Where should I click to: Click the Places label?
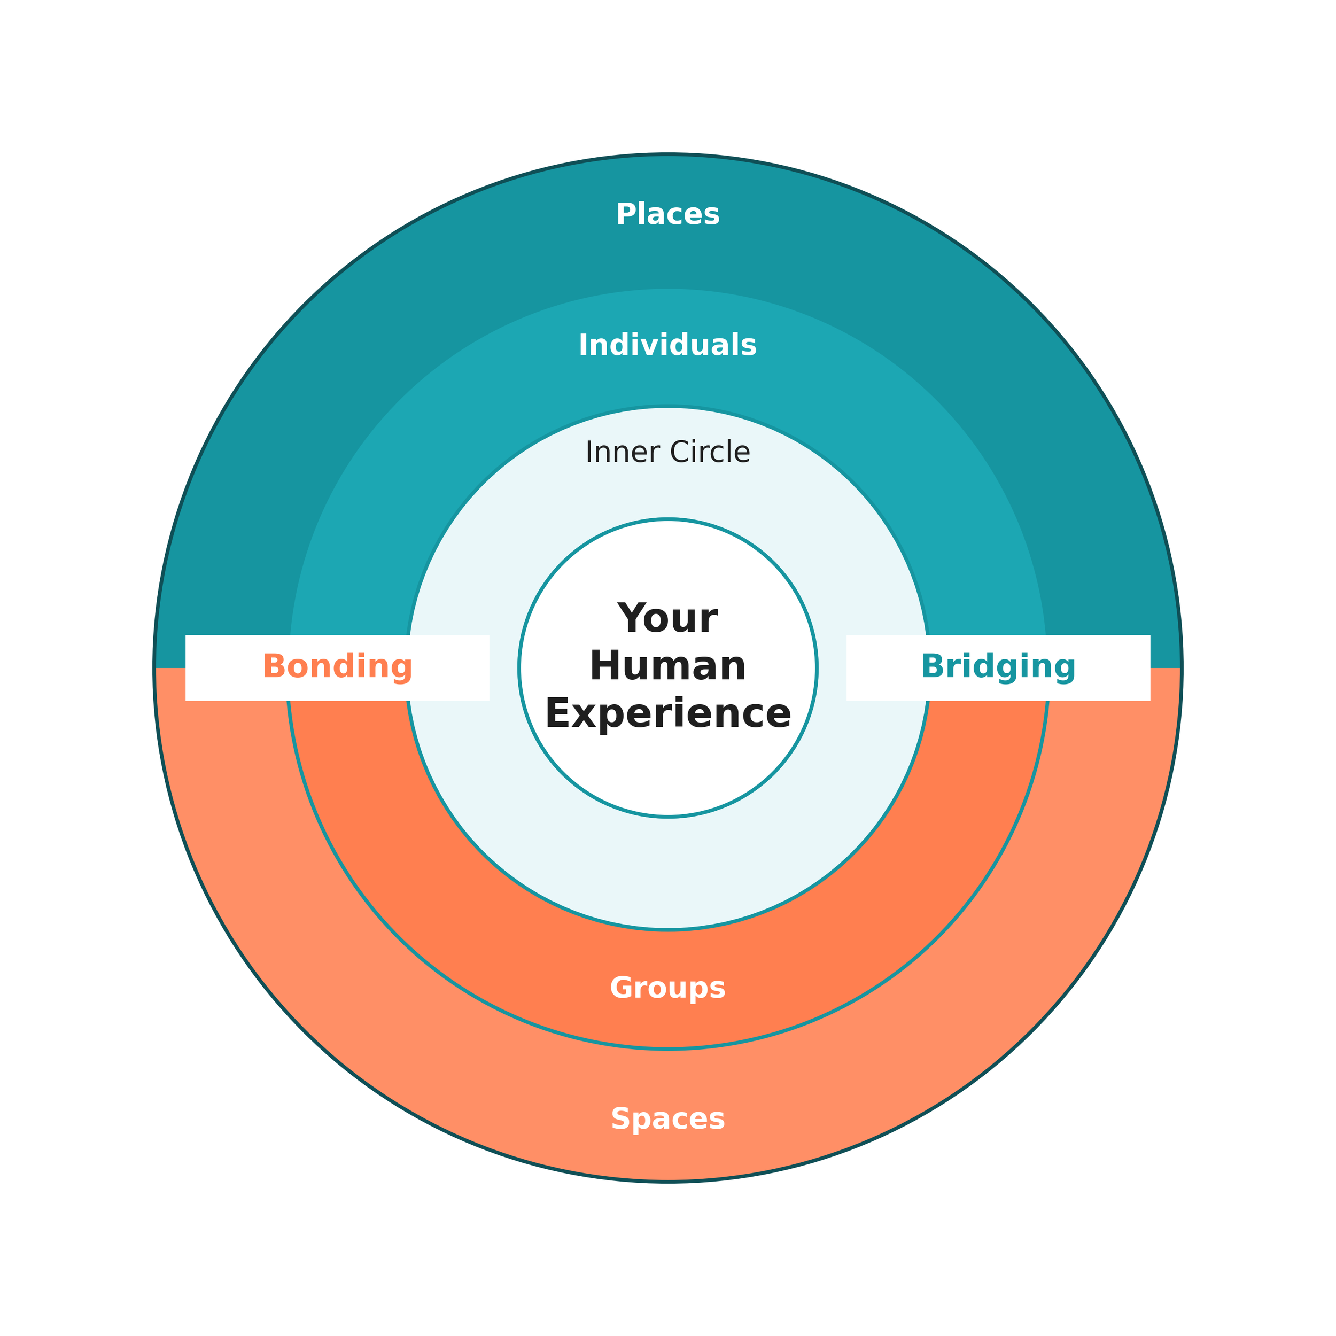click(667, 214)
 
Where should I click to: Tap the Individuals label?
click(667, 345)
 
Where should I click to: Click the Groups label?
click(667, 988)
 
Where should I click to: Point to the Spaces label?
click(667, 1120)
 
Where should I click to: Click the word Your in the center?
click(667, 619)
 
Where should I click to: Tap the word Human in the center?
click(667, 666)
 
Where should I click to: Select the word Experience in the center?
click(667, 714)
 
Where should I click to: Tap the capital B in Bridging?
click(932, 666)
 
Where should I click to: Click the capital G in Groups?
click(621, 988)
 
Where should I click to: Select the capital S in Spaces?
click(620, 1120)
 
